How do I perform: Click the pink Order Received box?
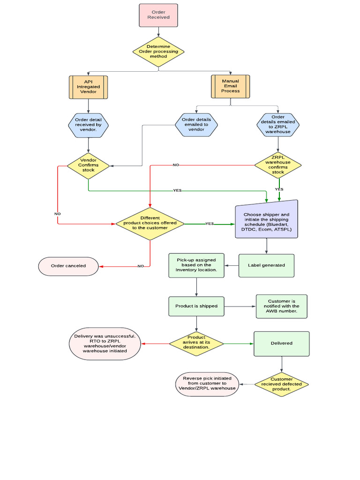158,15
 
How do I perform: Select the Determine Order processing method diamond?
158,52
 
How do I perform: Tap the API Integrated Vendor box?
88,87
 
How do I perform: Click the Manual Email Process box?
230,86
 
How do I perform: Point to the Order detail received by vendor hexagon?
88,125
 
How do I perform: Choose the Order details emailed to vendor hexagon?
196,125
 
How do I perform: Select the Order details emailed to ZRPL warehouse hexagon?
278,125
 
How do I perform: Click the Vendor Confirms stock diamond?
88,165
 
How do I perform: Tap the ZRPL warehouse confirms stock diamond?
278,165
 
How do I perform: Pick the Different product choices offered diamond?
150,223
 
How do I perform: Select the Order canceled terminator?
68,266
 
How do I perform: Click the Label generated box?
266,265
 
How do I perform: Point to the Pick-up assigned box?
196,265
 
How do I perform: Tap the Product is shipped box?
196,306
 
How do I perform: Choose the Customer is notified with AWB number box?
281,306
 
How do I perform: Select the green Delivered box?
281,344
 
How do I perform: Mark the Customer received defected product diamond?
281,384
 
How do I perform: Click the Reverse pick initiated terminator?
207,384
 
